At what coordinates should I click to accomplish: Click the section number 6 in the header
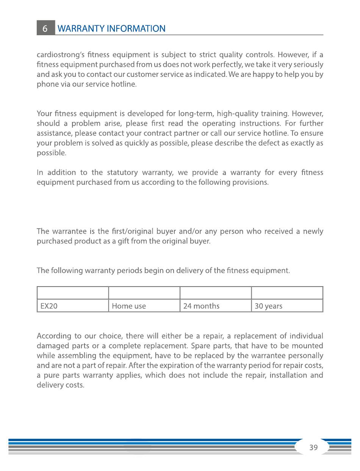click(x=45, y=28)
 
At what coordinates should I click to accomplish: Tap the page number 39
click(x=313, y=448)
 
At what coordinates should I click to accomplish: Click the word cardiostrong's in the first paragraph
click(x=58, y=55)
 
